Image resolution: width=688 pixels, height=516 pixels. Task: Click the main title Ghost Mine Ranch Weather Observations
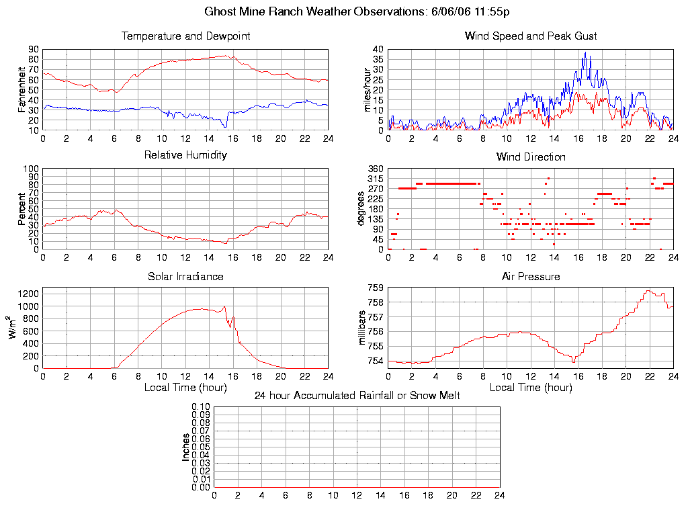click(357, 12)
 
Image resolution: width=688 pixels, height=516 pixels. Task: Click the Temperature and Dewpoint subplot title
click(185, 36)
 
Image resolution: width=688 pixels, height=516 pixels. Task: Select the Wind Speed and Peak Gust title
click(531, 36)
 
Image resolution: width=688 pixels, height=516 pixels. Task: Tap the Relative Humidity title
click(185, 155)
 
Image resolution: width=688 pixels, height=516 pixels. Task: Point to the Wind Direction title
click(531, 157)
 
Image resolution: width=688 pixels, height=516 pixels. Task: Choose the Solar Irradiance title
click(185, 276)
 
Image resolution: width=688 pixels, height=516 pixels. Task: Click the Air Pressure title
click(531, 276)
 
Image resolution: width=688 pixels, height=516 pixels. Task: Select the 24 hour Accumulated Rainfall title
click(357, 396)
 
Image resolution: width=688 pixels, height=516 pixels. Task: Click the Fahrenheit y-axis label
click(22, 89)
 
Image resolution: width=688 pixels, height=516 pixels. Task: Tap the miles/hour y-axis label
click(367, 89)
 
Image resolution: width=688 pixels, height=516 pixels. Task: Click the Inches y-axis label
click(186, 447)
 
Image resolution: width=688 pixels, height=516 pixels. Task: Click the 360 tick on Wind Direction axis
click(375, 169)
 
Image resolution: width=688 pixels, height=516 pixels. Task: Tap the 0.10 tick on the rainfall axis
click(200, 406)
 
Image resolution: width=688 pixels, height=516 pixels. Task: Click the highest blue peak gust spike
click(585, 53)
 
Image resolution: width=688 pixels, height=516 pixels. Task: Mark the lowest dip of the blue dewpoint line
click(226, 126)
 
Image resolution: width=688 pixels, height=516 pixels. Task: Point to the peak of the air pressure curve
click(649, 290)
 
